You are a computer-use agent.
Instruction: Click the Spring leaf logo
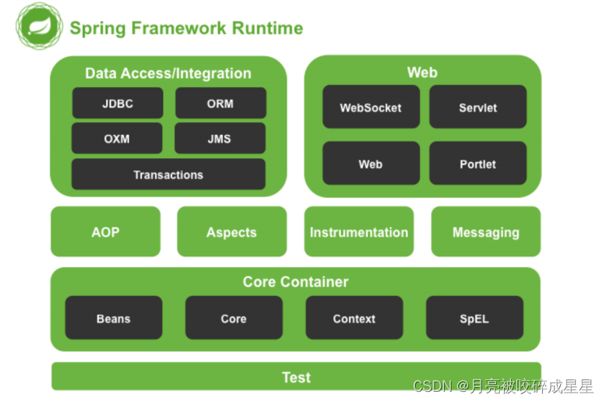pos(39,26)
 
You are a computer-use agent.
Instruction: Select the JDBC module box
pos(118,103)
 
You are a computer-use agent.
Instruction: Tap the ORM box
pos(220,103)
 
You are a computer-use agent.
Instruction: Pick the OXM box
pos(117,138)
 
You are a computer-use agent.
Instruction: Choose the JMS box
pos(220,138)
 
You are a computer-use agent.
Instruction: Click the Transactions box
pos(168,174)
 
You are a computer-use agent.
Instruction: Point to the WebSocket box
pos(371,107)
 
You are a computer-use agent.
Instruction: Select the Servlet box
pos(478,107)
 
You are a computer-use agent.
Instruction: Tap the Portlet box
pos(478,163)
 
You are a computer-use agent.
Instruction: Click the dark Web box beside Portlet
pos(371,163)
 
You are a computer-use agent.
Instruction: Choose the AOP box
pos(105,231)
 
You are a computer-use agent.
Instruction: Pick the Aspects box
pos(232,231)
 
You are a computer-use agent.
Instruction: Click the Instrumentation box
pos(359,231)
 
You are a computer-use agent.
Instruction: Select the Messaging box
pos(486,231)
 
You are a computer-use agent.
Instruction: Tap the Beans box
pos(114,318)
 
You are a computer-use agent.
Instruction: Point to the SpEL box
pos(474,318)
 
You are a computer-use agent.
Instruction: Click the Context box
pos(354,318)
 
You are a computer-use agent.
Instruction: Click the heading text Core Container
pos(296,282)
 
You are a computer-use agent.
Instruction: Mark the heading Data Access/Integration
pos(168,73)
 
